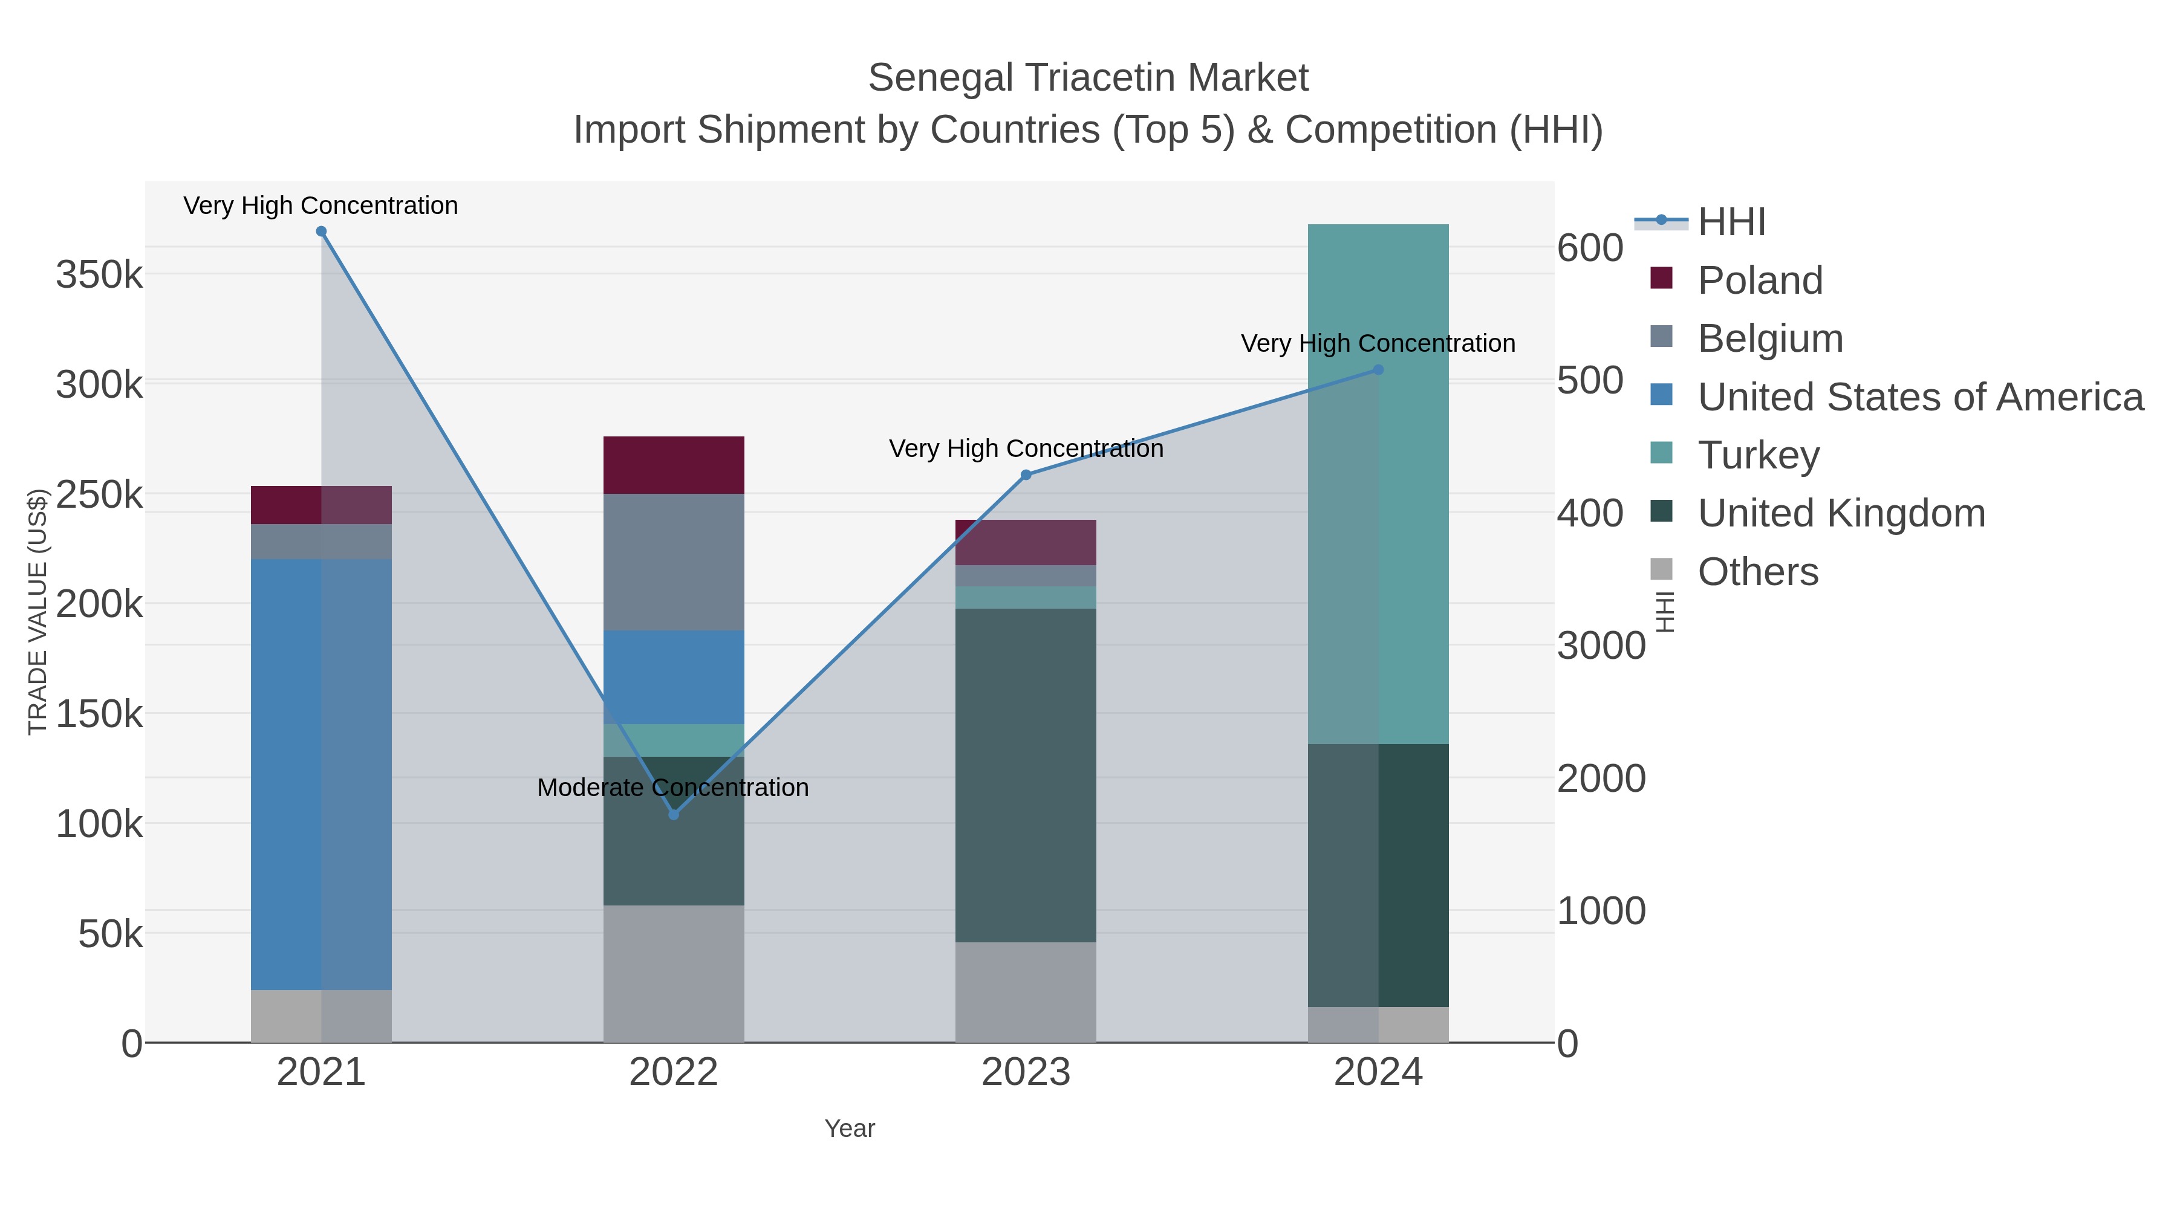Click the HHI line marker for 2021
[x=321, y=232]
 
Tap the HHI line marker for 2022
[x=674, y=814]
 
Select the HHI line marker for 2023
[x=1026, y=474]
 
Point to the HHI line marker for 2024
[x=1378, y=369]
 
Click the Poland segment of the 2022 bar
[x=674, y=465]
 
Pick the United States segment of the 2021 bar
[x=321, y=773]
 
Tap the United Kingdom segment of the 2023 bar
[x=1026, y=775]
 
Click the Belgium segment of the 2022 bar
[x=674, y=562]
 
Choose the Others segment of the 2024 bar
[x=1378, y=1024]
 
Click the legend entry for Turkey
[x=1758, y=455]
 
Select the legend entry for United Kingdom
[x=1841, y=514]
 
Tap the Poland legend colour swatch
[x=1661, y=278]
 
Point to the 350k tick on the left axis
[x=99, y=274]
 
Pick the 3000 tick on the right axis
[x=1601, y=646]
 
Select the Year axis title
[x=850, y=1128]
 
